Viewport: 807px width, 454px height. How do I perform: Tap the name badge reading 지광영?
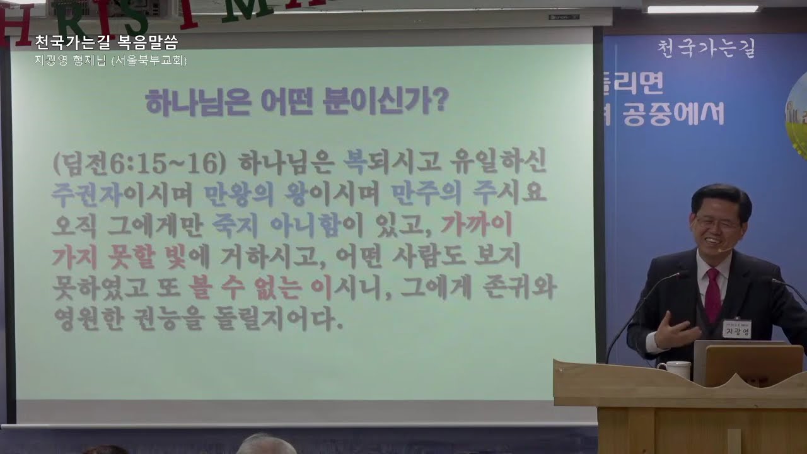(737, 329)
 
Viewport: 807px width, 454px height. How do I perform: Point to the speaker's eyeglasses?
(716, 222)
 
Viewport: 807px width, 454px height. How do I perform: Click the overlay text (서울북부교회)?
(149, 61)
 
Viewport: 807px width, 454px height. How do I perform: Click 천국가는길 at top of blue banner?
(706, 48)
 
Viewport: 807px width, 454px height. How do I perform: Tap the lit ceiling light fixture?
(702, 9)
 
